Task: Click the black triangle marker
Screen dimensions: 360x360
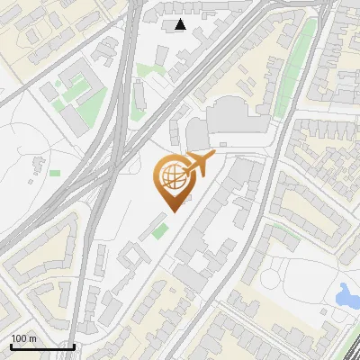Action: pos(181,24)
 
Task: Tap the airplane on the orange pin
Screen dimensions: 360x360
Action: pos(200,163)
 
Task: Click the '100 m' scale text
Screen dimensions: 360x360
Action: pos(23,338)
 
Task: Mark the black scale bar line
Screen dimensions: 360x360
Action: pos(41,346)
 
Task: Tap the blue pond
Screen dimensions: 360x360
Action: pos(346,293)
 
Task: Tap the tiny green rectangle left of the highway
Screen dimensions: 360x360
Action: pos(55,172)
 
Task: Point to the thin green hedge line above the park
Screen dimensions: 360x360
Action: pos(286,236)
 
